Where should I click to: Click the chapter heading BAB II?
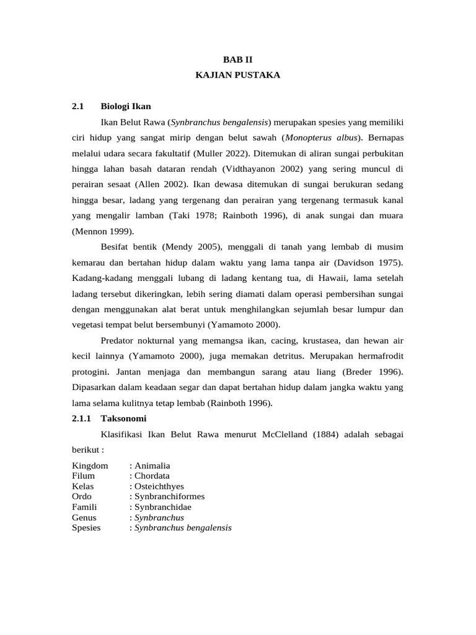coord(238,60)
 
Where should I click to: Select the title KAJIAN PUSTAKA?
coord(238,75)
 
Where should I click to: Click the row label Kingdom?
coord(90,466)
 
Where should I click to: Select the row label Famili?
coord(86,507)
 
